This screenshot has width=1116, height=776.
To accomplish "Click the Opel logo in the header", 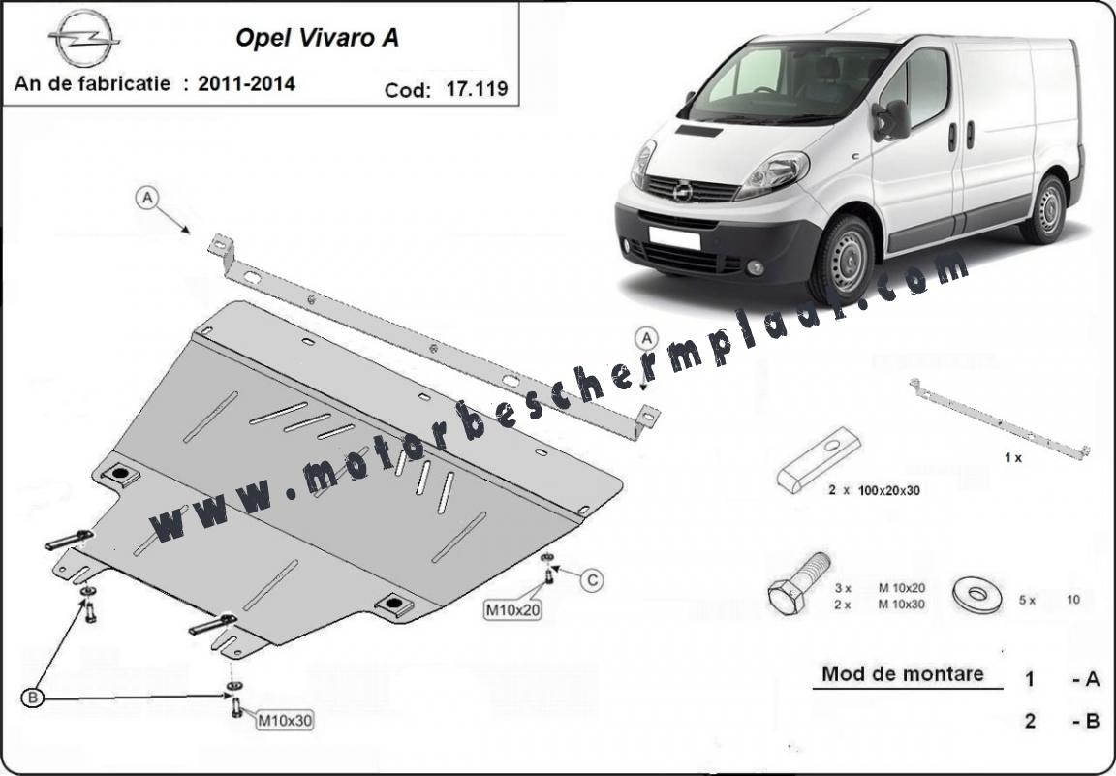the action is (x=84, y=39).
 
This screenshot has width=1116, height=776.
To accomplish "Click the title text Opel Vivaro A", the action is (x=317, y=37).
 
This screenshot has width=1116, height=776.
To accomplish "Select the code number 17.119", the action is (x=477, y=89).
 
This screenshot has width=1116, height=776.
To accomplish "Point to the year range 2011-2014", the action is (x=246, y=84).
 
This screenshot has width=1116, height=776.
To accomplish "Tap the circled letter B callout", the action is (x=33, y=698).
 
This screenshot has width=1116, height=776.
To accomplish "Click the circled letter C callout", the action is (x=592, y=580).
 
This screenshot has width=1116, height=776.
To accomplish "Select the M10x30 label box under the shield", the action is (x=284, y=721).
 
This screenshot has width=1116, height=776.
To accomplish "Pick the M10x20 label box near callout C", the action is (x=511, y=610).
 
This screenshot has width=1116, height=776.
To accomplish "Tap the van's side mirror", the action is (x=892, y=119).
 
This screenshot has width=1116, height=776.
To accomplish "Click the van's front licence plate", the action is (x=674, y=237).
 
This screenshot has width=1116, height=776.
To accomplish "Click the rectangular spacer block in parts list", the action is (x=819, y=460).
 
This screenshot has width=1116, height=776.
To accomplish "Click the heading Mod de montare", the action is (x=903, y=673).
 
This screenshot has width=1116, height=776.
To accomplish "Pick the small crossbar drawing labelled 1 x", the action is (x=1000, y=420).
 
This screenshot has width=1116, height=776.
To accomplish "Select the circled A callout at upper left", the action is (x=147, y=198).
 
